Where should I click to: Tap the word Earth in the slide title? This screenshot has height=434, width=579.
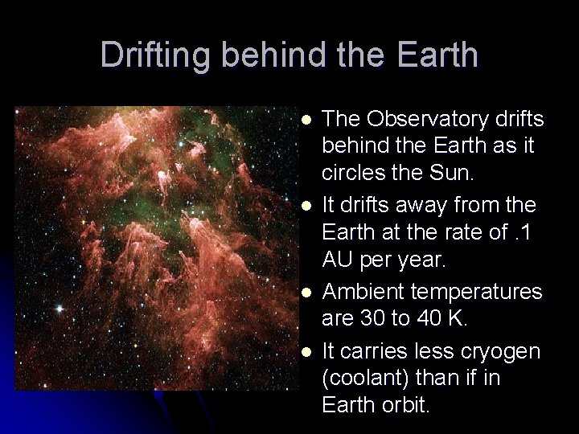tap(432, 56)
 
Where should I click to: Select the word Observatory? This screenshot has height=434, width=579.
tap(425, 119)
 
